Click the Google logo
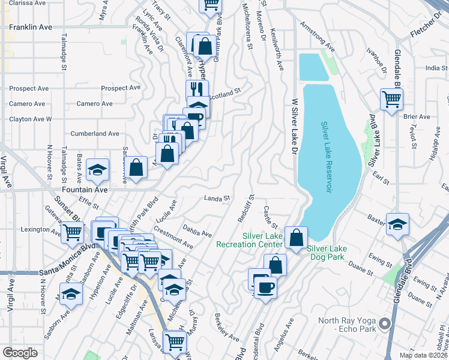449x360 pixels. tap(20, 353)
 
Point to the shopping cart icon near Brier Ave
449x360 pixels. tap(391, 99)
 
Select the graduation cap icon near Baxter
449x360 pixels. tap(396, 224)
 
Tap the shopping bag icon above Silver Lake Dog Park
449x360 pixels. tap(296, 237)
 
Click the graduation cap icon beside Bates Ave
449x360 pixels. tap(97, 170)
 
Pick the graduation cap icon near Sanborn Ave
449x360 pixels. tap(71, 295)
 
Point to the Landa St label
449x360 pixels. tap(217, 198)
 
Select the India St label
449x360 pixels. tap(436, 68)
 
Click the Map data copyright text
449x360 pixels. tap(424, 355)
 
